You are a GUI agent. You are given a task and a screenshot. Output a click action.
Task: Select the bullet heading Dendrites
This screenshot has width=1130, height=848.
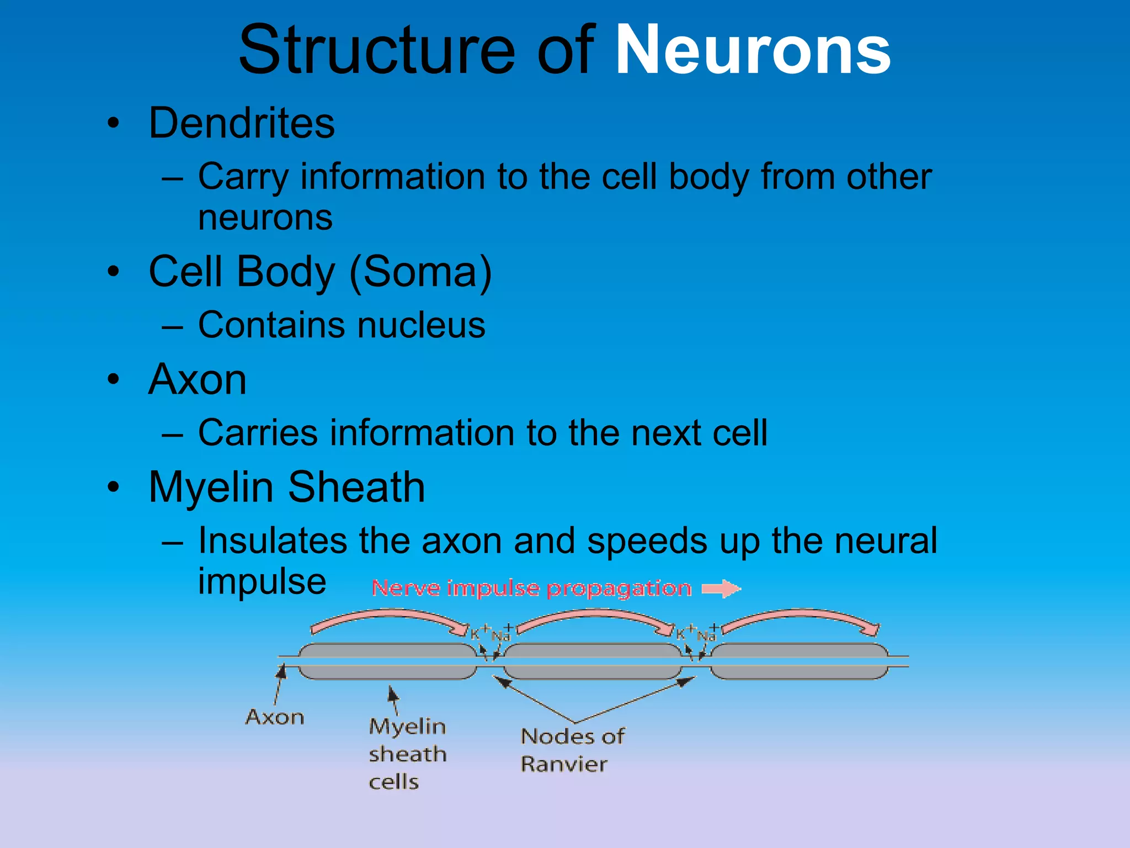[242, 123]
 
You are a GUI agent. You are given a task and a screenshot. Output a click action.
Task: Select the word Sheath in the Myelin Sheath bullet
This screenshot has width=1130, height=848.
[356, 487]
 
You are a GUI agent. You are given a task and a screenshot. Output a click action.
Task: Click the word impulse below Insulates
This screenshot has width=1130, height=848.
[262, 581]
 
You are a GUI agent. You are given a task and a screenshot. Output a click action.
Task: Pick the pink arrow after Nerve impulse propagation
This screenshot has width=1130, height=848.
[721, 589]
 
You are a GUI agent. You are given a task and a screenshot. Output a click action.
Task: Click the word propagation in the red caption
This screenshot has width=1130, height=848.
[619, 589]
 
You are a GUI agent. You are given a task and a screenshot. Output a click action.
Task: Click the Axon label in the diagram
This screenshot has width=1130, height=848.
[275, 717]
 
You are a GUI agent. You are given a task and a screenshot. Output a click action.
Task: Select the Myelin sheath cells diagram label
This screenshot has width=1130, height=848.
[407, 754]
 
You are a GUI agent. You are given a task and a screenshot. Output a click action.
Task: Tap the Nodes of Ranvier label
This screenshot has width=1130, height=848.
[572, 750]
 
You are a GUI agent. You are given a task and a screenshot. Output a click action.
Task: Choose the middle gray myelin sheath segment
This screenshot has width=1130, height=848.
[593, 661]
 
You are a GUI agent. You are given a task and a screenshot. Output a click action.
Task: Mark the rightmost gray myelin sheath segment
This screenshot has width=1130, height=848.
[799, 661]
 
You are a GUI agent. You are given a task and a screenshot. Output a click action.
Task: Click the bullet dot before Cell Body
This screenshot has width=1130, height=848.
[114, 272]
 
